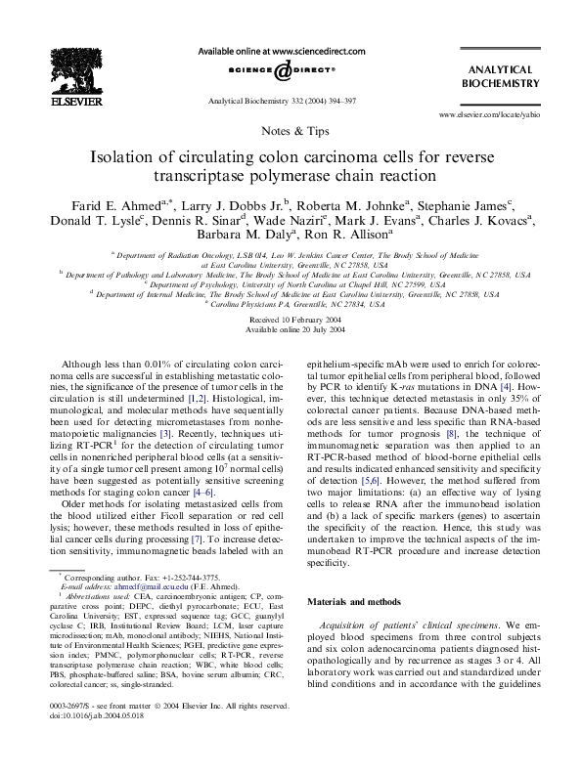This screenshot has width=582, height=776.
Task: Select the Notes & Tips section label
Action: pyautogui.click(x=291, y=129)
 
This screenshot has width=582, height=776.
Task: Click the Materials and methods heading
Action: pyautogui.click(x=356, y=602)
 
